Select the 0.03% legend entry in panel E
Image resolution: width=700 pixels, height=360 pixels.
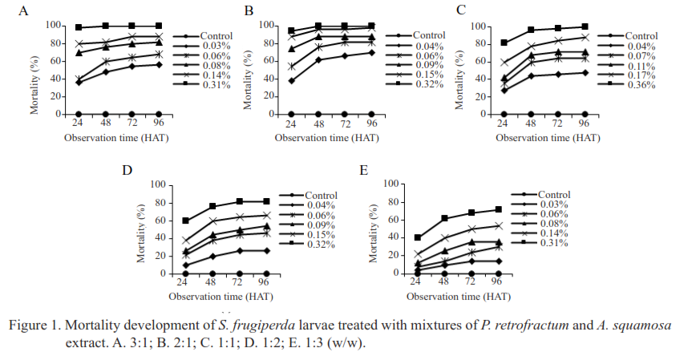[552, 204]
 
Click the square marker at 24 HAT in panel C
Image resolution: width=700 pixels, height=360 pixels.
[504, 42]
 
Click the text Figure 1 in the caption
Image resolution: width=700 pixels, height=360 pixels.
[33, 325]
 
